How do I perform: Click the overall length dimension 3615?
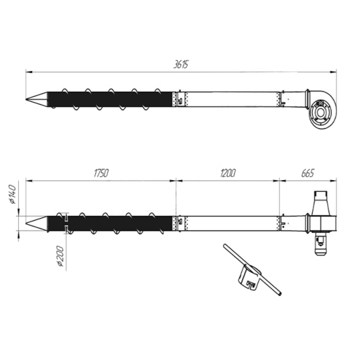[181, 64]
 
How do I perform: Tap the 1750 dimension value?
[101, 173]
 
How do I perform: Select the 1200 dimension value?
[228, 173]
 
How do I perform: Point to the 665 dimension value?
[308, 173]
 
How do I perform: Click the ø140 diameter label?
[13, 194]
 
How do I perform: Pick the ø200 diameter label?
[60, 256]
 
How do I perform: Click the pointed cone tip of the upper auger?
[26, 99]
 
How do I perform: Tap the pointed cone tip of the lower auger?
[26, 223]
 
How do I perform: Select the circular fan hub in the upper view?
[320, 112]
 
